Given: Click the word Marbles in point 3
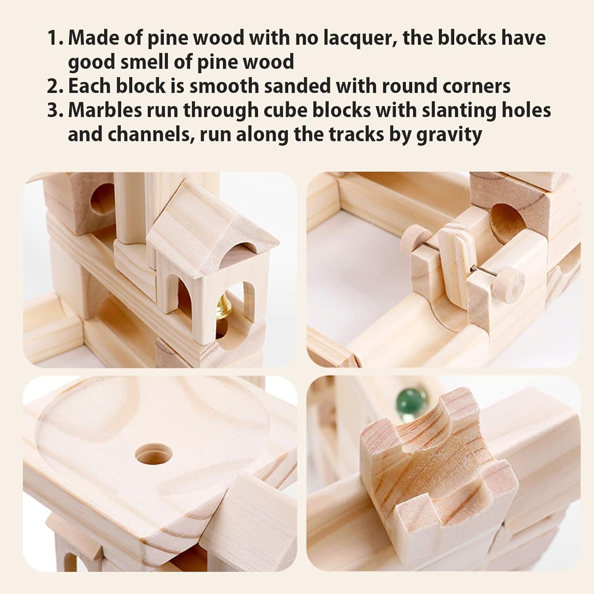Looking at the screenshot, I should click(105, 110).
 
